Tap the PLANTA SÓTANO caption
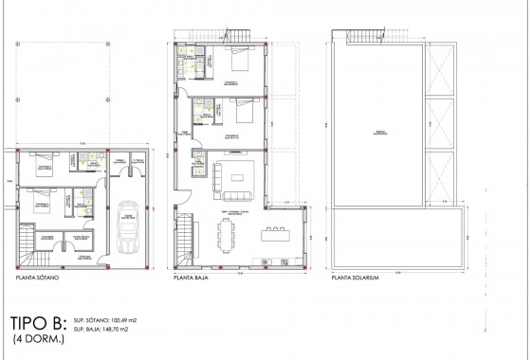(x=39, y=280)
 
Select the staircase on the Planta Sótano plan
(x=26, y=245)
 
